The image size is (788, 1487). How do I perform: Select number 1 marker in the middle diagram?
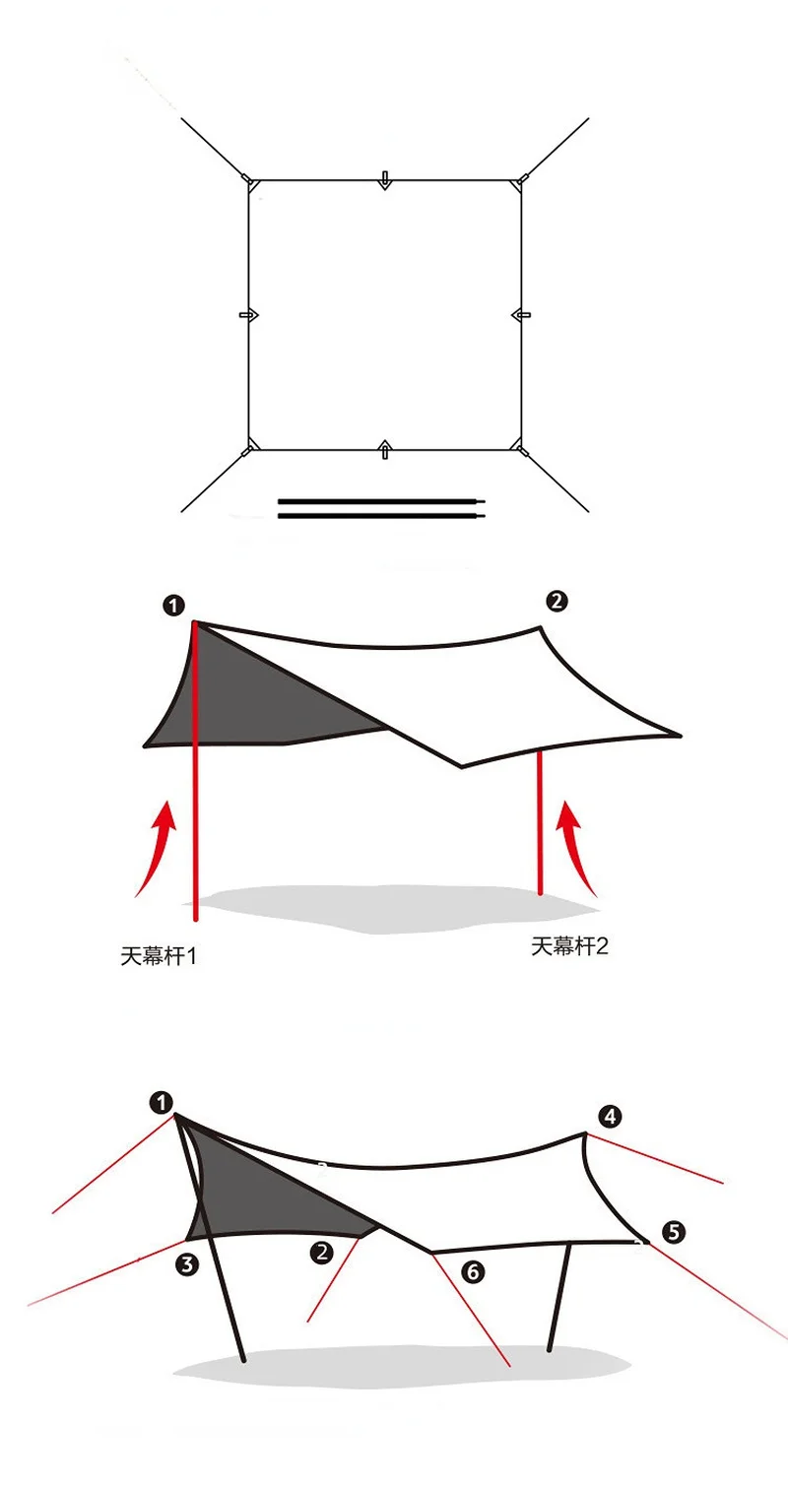(x=174, y=606)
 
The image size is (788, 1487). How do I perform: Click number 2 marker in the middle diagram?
(x=557, y=601)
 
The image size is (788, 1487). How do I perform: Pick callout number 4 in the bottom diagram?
(x=611, y=1116)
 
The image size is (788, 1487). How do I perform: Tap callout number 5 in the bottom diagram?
(x=674, y=1232)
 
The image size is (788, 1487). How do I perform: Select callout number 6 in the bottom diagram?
(x=473, y=1272)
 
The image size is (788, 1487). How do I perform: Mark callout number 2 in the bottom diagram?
(x=321, y=1253)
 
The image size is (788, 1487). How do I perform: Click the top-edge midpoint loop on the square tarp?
(x=385, y=180)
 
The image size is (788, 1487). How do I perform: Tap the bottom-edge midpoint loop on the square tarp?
(x=385, y=450)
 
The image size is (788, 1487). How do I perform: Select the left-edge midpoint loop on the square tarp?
(x=248, y=315)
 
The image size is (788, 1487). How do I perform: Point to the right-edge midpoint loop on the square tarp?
(x=521, y=315)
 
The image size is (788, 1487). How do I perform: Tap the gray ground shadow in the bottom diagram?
(x=394, y=1369)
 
